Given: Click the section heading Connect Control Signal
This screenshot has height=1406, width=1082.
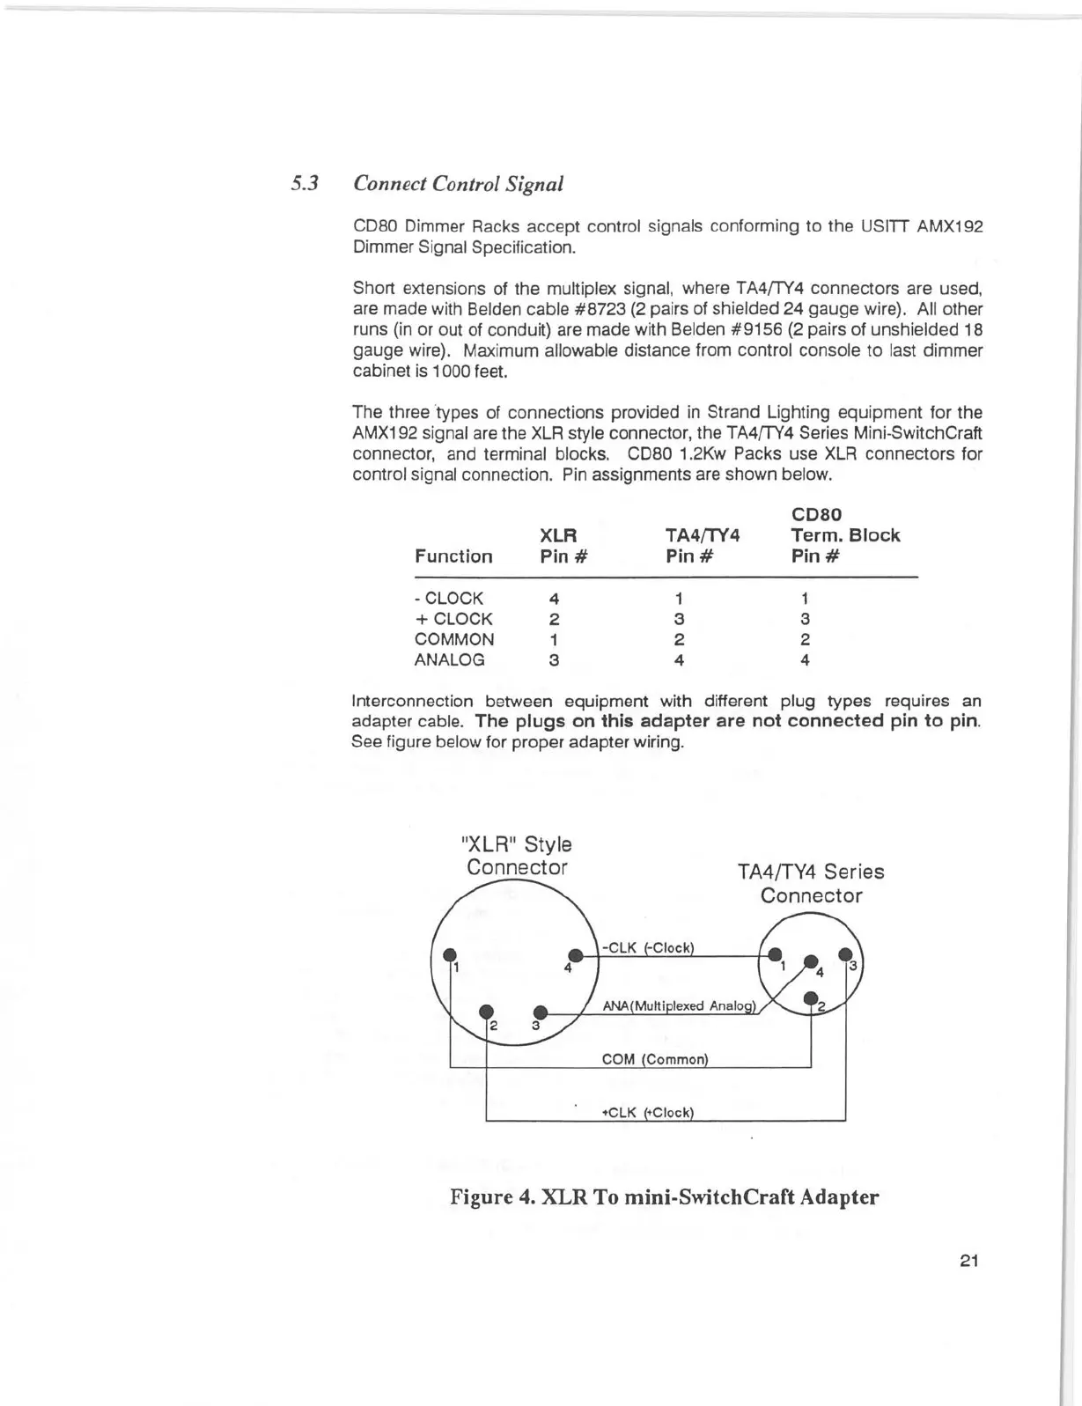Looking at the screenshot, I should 457,184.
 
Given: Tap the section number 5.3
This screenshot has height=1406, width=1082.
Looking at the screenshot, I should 305,184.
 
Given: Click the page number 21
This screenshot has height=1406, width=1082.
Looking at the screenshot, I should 968,1261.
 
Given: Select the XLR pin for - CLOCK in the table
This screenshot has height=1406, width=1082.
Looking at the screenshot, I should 554,599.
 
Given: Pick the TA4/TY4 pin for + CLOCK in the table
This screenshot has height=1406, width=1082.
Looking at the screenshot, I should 679,619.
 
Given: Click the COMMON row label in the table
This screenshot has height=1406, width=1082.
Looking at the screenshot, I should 454,640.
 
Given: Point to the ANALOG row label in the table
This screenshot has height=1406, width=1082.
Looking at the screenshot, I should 449,660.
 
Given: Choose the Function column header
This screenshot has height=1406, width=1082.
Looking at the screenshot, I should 453,556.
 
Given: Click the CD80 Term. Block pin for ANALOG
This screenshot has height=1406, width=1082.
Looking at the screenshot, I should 805,660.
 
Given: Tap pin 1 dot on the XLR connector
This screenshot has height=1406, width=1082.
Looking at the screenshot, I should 450,954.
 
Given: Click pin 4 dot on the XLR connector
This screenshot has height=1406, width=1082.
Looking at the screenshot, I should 577,954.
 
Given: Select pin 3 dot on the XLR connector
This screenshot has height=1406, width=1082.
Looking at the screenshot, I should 541,1012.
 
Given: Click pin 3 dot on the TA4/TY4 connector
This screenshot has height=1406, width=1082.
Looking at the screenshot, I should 845,953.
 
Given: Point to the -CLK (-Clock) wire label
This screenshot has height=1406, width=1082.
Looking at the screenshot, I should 648,948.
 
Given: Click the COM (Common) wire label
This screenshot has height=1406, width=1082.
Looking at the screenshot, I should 654,1059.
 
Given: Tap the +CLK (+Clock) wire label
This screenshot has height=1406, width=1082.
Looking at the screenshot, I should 648,1112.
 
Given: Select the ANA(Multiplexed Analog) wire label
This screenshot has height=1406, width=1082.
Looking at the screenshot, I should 679,1005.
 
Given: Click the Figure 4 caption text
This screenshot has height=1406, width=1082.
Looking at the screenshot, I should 664,1197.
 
